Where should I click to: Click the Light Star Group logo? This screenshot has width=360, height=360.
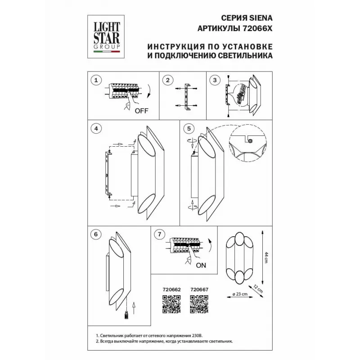[x=106, y=37]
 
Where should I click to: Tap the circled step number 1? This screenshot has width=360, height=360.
[x=96, y=80]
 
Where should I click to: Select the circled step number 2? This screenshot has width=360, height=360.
[x=167, y=80]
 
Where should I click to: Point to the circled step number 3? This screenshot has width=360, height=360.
[x=215, y=80]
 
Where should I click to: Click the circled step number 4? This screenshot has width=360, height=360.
[x=96, y=129]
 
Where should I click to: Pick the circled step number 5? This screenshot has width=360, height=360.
[x=189, y=129]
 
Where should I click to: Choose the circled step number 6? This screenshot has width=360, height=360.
[x=96, y=234]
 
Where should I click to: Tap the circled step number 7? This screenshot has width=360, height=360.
[x=160, y=234]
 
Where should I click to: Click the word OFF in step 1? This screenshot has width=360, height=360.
[x=141, y=111]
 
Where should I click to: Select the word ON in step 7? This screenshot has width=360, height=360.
[x=201, y=265]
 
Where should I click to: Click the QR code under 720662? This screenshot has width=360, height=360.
[x=171, y=304]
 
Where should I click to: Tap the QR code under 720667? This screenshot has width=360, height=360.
[x=199, y=304]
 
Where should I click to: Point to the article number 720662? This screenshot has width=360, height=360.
[x=171, y=290]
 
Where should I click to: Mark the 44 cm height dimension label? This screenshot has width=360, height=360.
[x=266, y=257]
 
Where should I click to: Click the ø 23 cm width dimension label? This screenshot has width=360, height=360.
[x=240, y=294]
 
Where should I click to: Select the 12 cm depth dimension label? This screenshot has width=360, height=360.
[x=258, y=289]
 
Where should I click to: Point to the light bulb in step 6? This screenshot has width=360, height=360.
[x=126, y=315]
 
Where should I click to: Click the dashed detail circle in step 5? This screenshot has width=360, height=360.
[x=248, y=144]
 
